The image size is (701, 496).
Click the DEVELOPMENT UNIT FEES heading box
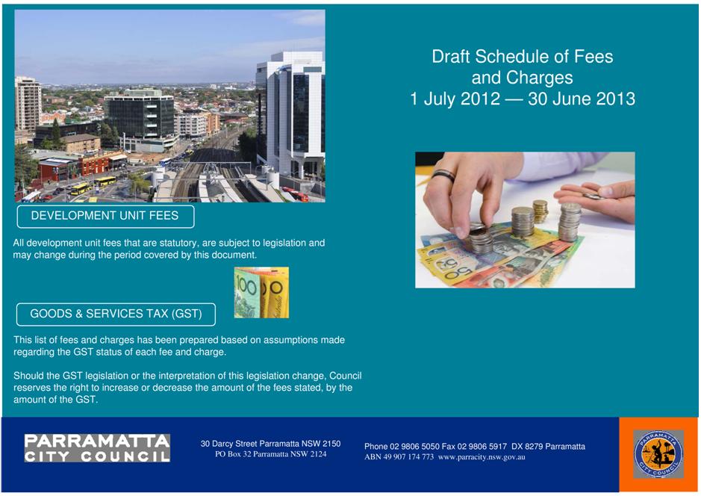[x=105, y=217]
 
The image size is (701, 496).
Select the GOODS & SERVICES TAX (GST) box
[x=116, y=314]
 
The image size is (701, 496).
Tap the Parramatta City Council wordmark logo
[x=97, y=447]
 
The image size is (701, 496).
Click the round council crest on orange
[x=658, y=454]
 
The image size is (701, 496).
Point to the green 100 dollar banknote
[x=246, y=294]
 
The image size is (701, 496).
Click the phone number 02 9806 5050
[x=414, y=447]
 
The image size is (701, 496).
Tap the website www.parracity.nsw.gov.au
[x=482, y=457]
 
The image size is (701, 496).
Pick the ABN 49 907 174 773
[x=399, y=457]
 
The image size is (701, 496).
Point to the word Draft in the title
[x=451, y=57]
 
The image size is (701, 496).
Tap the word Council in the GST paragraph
[x=346, y=376]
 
